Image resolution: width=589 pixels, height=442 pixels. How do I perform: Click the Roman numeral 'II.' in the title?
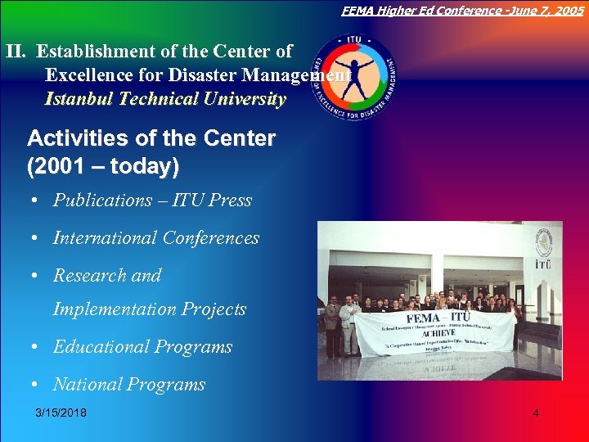point(18,51)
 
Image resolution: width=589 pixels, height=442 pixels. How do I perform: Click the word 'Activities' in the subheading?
point(73,138)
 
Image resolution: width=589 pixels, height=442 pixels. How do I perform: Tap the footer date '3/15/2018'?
point(61,413)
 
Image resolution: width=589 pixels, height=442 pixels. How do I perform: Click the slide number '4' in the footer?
point(536,413)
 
